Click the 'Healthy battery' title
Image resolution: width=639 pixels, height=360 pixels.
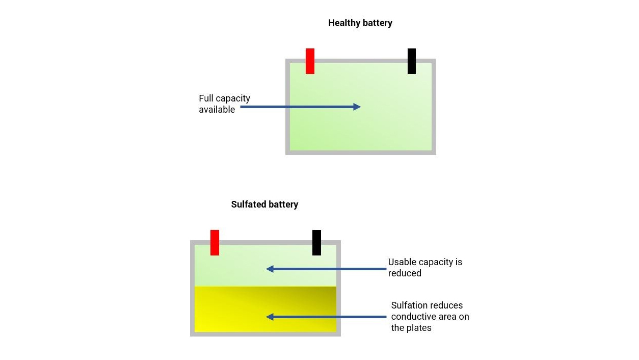click(x=360, y=23)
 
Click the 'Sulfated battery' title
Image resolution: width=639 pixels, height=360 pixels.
click(x=264, y=204)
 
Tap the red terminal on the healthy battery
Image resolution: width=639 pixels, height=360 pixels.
click(x=310, y=61)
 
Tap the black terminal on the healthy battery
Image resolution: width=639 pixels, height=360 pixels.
click(x=412, y=61)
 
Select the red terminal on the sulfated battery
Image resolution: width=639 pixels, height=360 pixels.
click(x=215, y=242)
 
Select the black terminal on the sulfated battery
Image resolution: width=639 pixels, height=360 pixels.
click(x=316, y=242)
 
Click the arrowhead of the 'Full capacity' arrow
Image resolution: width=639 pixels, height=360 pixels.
click(x=357, y=107)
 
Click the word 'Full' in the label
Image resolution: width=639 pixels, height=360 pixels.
click(x=206, y=98)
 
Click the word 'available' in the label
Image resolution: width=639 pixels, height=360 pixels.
click(x=217, y=110)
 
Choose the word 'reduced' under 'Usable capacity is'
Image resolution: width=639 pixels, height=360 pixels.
click(x=405, y=273)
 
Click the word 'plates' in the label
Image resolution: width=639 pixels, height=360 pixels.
click(x=419, y=328)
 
